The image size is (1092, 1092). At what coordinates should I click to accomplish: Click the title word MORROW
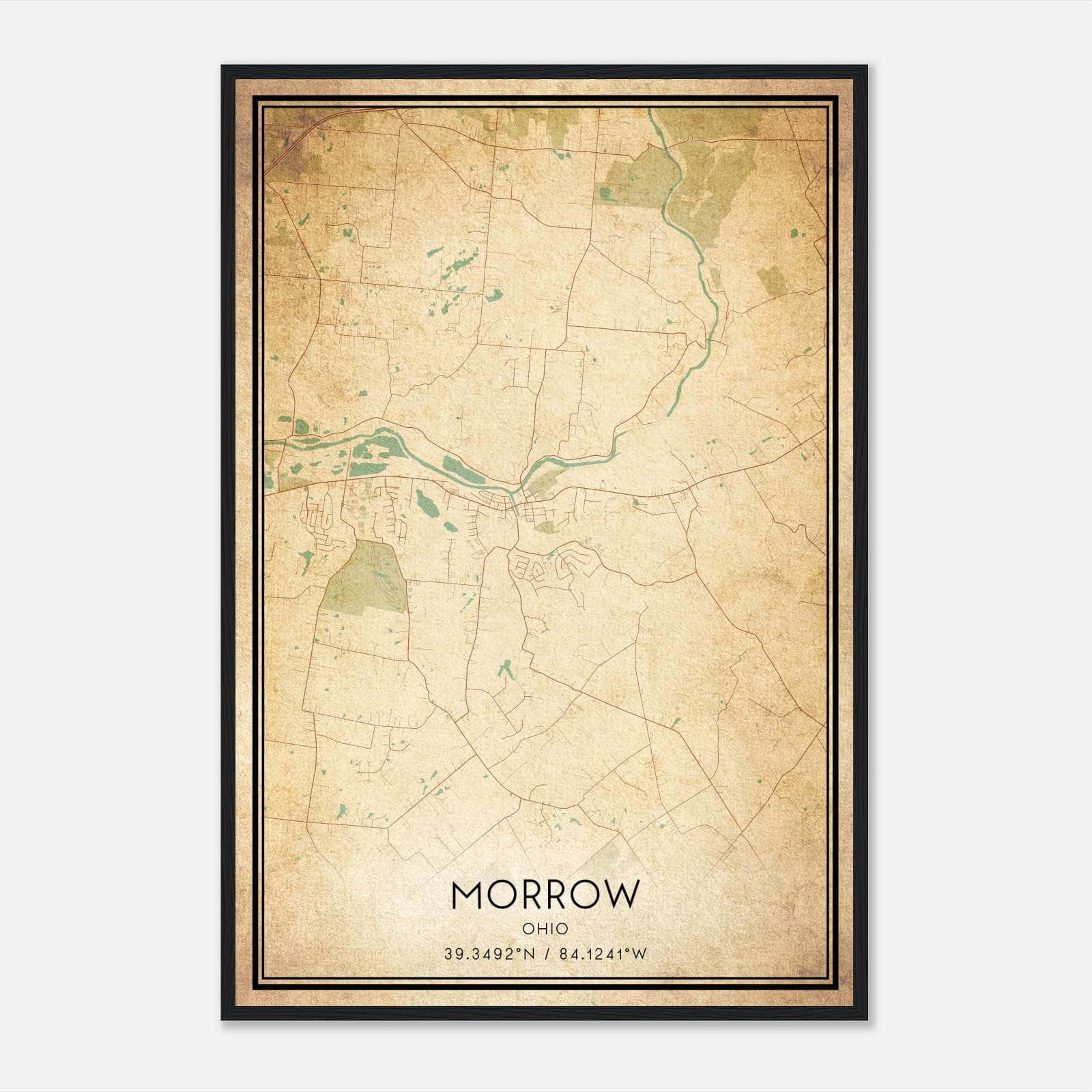[x=545, y=895]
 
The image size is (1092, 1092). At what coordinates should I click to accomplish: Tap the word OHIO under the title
[x=545, y=929]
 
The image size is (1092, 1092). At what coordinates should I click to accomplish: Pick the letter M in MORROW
[x=467, y=895]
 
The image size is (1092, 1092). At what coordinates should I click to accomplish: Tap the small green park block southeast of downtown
[x=546, y=526]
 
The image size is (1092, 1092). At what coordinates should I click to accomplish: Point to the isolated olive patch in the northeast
[x=771, y=280]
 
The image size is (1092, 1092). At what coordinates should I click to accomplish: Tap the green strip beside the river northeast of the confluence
[x=546, y=480]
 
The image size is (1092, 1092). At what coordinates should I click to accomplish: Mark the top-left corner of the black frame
[x=222, y=66]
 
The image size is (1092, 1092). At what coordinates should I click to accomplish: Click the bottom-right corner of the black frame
[x=867, y=1019]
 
